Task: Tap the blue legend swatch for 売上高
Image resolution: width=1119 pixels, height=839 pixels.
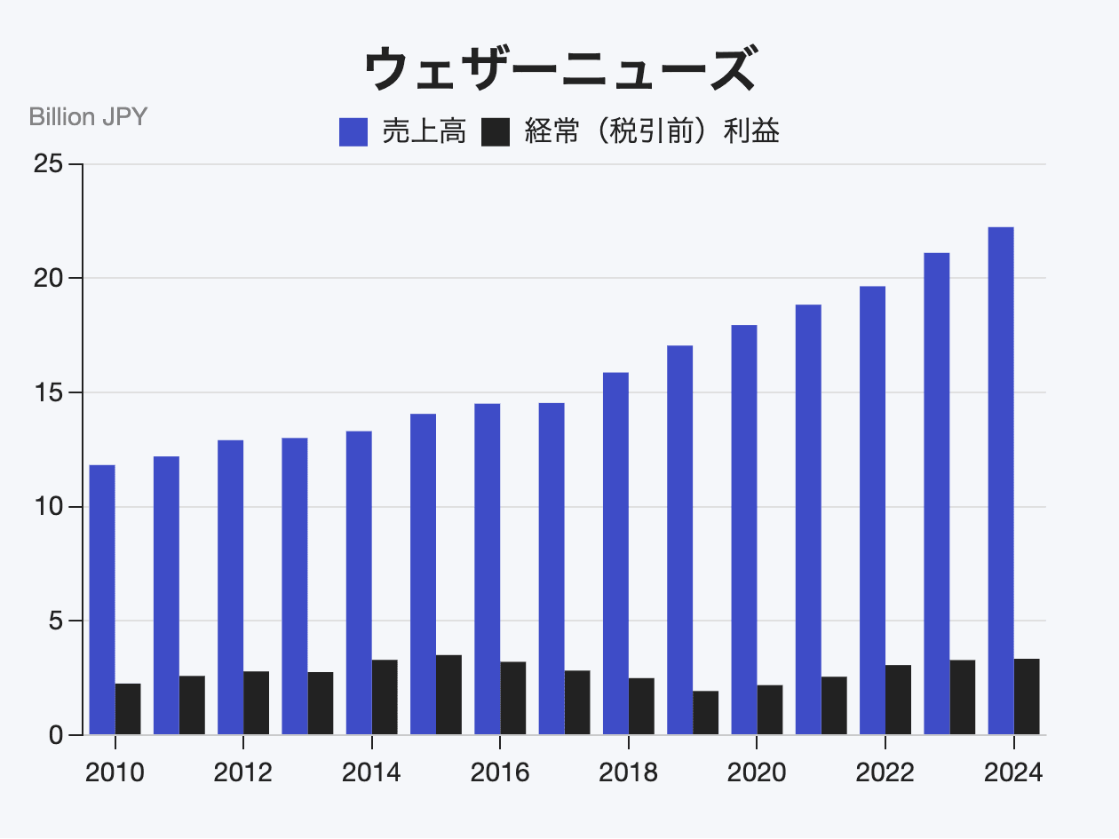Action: pyautogui.click(x=353, y=132)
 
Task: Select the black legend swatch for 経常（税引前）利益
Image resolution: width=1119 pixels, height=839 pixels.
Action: pyautogui.click(x=496, y=132)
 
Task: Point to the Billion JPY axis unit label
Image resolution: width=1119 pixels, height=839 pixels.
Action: pyautogui.click(x=88, y=116)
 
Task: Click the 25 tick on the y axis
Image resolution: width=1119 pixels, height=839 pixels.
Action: pyautogui.click(x=49, y=164)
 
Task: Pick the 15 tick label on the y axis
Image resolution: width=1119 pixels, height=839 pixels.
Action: pyautogui.click(x=49, y=392)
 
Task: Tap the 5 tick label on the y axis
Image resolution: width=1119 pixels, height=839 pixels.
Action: pyautogui.click(x=56, y=621)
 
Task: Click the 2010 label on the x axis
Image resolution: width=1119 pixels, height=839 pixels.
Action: pyautogui.click(x=115, y=772)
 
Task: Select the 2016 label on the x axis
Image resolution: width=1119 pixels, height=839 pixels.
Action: pyautogui.click(x=500, y=772)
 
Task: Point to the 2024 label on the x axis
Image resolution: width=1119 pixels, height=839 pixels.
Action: pyautogui.click(x=1013, y=772)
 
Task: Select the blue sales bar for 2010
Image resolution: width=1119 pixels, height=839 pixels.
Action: pyautogui.click(x=102, y=600)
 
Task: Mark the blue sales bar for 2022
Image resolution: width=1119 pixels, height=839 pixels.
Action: pyautogui.click(x=872, y=511)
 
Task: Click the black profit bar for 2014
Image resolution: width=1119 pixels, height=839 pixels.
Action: pyautogui.click(x=385, y=697)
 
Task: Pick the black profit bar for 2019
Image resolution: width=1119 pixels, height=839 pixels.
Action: pyautogui.click(x=706, y=713)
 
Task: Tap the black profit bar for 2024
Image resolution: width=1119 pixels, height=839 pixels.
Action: pyautogui.click(x=1027, y=697)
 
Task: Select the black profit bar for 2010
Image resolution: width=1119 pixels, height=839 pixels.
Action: pyautogui.click(x=128, y=709)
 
